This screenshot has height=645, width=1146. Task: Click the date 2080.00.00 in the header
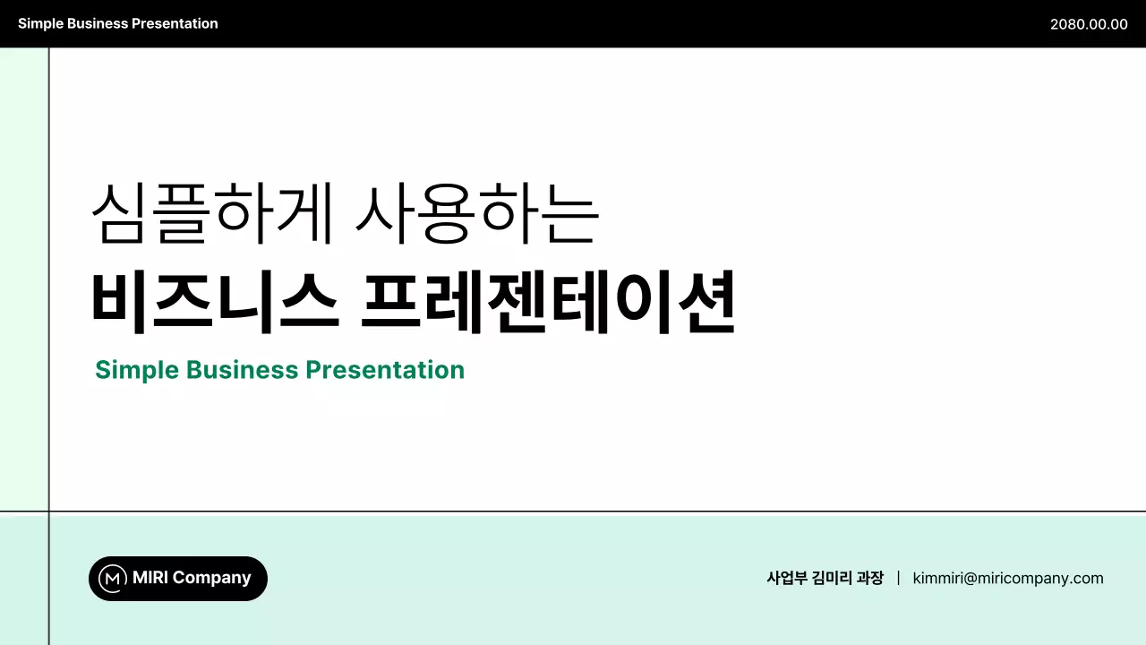(1089, 24)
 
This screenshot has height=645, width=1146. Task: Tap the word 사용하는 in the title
(476, 214)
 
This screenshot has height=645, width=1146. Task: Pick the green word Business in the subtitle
(242, 370)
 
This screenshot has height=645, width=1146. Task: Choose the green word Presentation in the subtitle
(385, 370)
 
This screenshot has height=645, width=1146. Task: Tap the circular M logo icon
(112, 579)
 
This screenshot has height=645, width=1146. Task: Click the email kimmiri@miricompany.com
(1008, 579)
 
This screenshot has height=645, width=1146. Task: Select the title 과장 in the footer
(869, 579)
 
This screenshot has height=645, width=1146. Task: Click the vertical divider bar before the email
(898, 579)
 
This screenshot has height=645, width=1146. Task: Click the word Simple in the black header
(38, 24)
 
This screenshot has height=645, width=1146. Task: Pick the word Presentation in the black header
(175, 24)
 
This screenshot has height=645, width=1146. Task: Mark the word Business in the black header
(96, 24)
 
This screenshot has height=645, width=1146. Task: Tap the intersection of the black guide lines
(49, 512)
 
